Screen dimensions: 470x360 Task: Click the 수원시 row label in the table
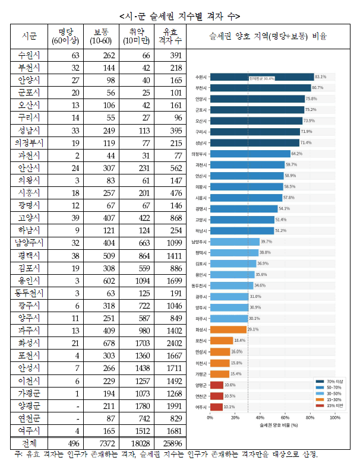(x=29, y=56)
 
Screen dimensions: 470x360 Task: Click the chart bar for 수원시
(x=261, y=77)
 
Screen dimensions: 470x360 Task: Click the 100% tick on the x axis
(x=334, y=418)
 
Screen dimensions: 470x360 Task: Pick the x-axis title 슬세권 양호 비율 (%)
(x=272, y=425)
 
